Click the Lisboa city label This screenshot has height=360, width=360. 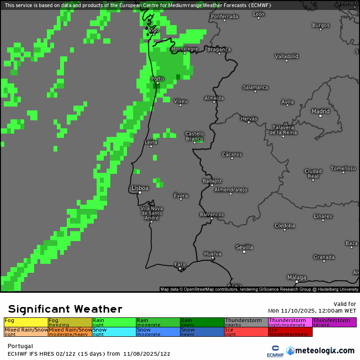(140, 188)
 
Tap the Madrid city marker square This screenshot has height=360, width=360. (320, 116)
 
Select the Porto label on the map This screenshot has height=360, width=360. (157, 79)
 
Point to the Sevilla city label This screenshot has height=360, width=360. (244, 247)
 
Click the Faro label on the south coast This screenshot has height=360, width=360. (180, 264)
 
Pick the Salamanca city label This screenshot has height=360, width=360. (255, 87)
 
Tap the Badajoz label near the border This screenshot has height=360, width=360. (212, 180)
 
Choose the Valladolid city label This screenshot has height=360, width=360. (287, 56)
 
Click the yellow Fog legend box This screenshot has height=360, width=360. (26, 323)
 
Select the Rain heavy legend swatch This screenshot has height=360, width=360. (202, 323)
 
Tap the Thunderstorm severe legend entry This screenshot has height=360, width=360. (334, 323)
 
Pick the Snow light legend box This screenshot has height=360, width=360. (114, 332)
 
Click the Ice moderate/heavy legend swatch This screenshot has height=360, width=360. (290, 332)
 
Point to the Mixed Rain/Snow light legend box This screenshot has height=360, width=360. (26, 332)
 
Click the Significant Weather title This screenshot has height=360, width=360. (65, 309)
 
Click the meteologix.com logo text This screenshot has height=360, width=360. (320, 351)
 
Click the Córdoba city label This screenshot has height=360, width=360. (285, 225)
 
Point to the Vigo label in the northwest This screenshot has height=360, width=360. (153, 30)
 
